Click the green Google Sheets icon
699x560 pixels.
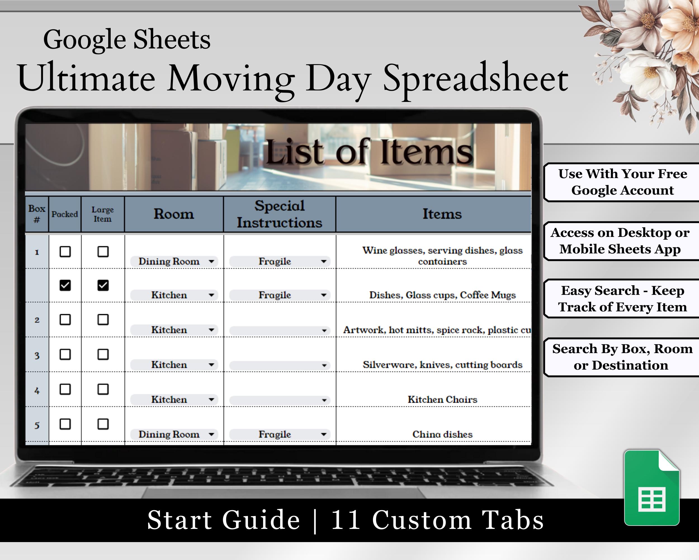tap(651, 487)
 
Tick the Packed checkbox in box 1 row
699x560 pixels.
tap(65, 252)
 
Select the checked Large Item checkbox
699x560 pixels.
tap(103, 285)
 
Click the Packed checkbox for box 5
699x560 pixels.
tap(65, 424)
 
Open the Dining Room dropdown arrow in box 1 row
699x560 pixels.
tap(211, 261)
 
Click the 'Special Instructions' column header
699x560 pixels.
tap(280, 214)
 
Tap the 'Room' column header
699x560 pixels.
tap(174, 214)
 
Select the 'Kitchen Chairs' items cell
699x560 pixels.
tap(442, 399)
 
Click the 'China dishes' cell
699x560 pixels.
tap(442, 434)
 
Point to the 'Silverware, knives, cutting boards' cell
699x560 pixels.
tap(442, 365)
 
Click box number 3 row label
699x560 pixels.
tap(37, 356)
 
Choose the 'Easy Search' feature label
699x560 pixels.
tap(622, 298)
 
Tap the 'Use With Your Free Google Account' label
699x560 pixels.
tap(622, 182)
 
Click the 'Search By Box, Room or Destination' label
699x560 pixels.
tap(622, 357)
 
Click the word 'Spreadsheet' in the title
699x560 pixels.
tap(476, 80)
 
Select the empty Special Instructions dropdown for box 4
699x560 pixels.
tap(280, 400)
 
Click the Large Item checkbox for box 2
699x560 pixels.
tap(103, 319)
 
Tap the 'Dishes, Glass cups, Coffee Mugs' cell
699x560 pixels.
tap(442, 295)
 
